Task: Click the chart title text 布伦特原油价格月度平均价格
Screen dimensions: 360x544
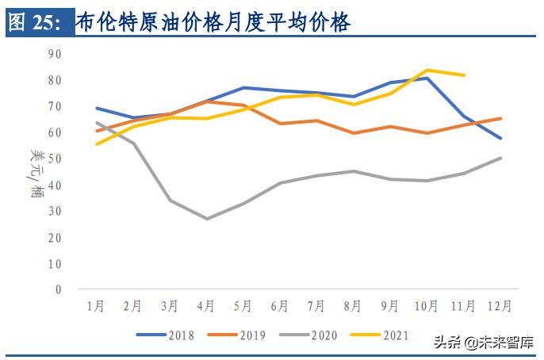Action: pos(213,23)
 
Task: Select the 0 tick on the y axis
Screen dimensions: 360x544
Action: pos(58,289)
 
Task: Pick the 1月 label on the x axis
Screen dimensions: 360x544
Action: pos(96,304)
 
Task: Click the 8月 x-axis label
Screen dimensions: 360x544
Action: pos(354,304)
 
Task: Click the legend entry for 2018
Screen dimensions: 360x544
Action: pos(166,335)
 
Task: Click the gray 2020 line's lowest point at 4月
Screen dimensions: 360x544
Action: pos(207,219)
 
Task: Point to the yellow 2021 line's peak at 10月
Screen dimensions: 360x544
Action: pos(427,70)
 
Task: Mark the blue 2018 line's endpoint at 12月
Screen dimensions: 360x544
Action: pos(501,138)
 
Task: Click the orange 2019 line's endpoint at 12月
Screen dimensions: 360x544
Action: pos(501,118)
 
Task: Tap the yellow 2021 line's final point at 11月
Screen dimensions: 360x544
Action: pos(464,75)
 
